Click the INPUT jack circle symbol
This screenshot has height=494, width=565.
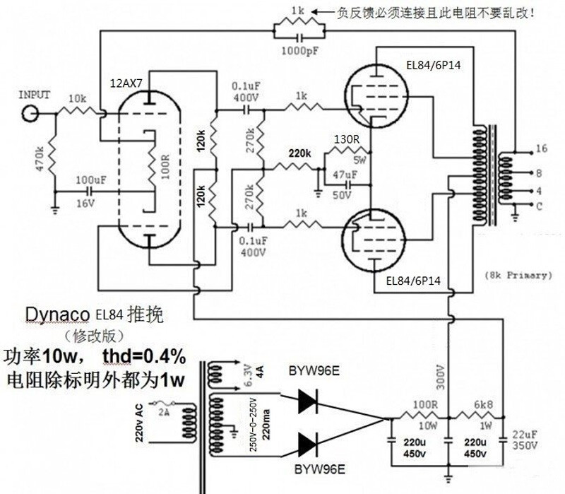click(x=30, y=113)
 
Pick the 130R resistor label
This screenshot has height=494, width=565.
click(x=347, y=139)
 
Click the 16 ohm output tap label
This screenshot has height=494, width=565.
click(x=542, y=150)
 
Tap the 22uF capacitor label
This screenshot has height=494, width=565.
click(x=525, y=433)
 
